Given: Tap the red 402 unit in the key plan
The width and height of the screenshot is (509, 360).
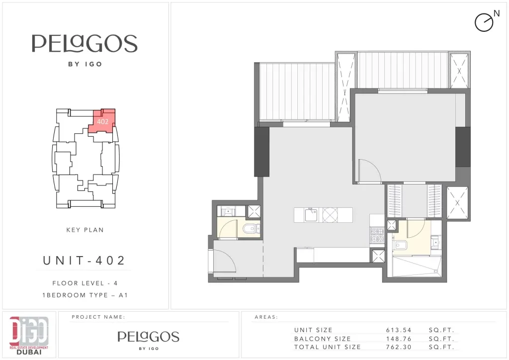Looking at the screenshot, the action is pos(102,121).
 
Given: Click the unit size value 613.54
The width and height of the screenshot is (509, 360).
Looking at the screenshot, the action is pos(399,330).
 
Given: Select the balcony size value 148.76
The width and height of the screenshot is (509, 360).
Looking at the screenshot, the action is pos(399,339).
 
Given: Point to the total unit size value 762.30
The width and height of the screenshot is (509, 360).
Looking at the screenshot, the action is pos(399,347).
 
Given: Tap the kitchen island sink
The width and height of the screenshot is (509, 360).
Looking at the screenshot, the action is pos(311,215).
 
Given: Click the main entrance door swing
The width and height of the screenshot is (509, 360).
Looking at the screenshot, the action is pos(225,262).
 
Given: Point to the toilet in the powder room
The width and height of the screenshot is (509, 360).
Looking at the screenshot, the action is pos(251,229).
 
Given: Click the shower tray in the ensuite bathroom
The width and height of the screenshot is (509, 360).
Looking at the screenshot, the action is pos(417,266).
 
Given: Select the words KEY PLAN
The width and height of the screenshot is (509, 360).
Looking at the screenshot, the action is pos(85,230).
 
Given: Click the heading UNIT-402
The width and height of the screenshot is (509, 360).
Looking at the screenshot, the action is pos(84,261).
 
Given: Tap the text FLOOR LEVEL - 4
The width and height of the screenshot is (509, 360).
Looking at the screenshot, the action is pos(85,283).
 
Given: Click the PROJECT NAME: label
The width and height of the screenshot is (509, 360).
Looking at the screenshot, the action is pos(98,317).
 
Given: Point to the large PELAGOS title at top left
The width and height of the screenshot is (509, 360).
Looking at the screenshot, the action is pos(85,43).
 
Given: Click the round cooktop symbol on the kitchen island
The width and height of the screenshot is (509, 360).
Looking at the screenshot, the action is pos(330,215).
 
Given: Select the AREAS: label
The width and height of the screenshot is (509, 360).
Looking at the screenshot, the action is pos(266,317).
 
